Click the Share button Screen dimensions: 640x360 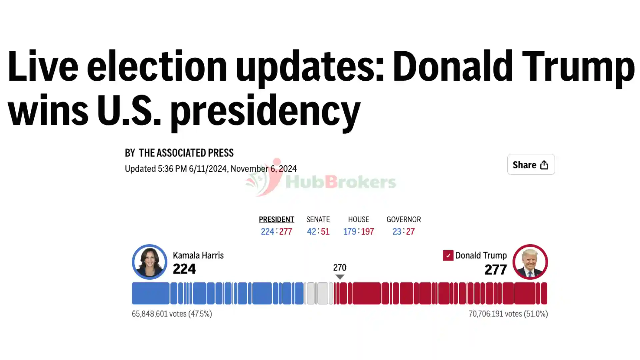point(531,164)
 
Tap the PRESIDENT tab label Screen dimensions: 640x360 point(276,219)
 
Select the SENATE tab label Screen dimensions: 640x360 point(318,219)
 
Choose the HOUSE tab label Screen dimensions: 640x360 point(359,219)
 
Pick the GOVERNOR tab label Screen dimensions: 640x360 point(404,219)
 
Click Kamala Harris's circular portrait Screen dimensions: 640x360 point(149,262)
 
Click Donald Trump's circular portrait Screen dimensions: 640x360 point(530,262)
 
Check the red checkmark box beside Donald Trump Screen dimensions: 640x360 point(448,255)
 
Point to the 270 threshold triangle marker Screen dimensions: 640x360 point(340,277)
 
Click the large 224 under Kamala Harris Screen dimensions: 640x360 point(184,269)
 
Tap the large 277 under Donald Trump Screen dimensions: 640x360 point(496,270)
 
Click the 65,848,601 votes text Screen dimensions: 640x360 point(172,314)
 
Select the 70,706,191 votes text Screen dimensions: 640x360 point(508,314)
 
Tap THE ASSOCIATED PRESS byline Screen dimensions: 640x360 point(186,153)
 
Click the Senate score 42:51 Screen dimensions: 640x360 point(318,231)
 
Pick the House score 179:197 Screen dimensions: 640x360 point(359,231)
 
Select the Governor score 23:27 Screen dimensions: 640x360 point(404,231)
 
